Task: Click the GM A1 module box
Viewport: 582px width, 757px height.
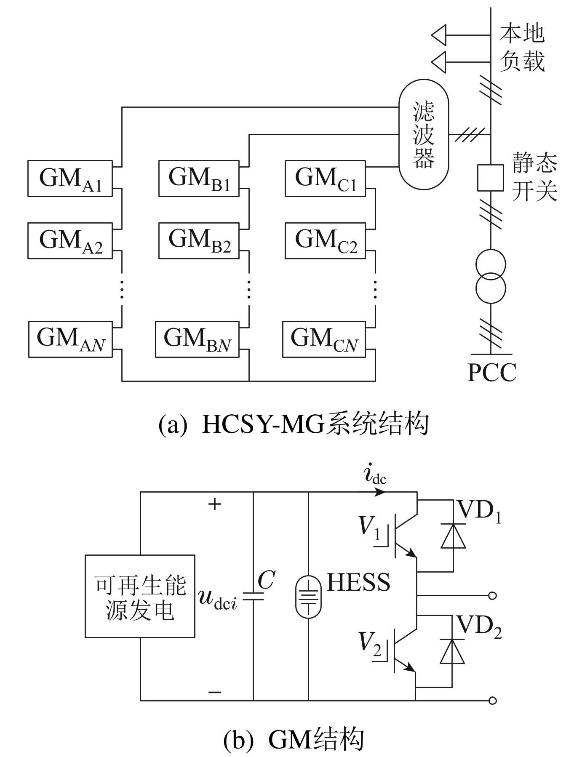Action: coord(70,179)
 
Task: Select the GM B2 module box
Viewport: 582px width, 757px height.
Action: coord(199,240)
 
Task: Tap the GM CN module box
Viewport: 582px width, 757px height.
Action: coord(324,339)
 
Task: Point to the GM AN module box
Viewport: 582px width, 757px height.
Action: coord(70,339)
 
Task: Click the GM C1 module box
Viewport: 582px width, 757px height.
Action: coord(325,179)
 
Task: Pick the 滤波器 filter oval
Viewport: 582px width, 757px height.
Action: coord(424,135)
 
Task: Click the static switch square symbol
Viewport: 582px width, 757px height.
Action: coord(490,178)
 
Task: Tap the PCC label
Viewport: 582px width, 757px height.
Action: coord(492,373)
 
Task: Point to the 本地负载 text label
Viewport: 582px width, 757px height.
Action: coord(522,47)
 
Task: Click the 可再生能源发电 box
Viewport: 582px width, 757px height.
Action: coord(140,596)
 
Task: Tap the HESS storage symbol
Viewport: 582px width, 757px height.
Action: coord(308,596)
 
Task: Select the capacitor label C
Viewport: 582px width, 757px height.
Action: coord(266,580)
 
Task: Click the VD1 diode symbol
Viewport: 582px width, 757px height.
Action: coord(453,536)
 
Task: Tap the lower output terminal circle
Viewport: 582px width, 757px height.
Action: coord(492,701)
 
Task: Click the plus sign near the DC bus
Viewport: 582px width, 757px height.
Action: coord(215,504)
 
